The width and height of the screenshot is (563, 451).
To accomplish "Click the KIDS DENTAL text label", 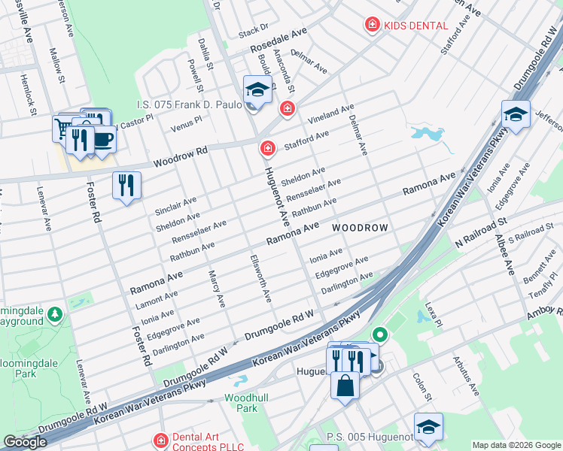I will coord(415,26).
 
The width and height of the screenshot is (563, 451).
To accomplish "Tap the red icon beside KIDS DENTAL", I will coord(371,26).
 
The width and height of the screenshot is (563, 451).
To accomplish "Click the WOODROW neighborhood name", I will coord(360,228).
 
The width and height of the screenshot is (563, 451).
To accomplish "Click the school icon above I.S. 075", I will coord(257,90).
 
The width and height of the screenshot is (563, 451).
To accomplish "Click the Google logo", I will coord(25,442).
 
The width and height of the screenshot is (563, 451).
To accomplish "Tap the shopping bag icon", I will coord(345,386).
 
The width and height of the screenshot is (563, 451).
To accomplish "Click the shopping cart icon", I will coord(63,129).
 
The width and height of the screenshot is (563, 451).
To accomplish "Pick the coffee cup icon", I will coord(102,139).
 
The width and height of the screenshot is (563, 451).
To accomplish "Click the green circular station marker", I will coord(380,334).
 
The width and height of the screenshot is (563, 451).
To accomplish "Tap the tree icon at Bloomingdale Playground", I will coord(54,313).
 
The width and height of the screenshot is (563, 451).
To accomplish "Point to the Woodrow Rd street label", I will coord(180,157).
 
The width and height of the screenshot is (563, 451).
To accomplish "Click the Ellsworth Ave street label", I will coord(260,278).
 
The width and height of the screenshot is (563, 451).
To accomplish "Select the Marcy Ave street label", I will coord(216,289).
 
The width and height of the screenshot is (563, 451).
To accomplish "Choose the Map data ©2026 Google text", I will coord(516,444).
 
